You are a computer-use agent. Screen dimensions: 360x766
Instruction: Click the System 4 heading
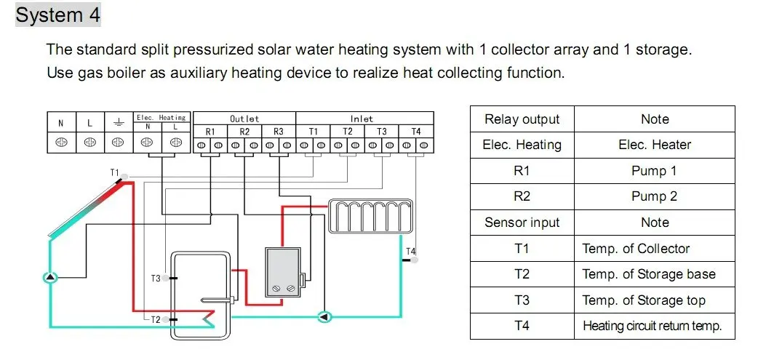pos(58,15)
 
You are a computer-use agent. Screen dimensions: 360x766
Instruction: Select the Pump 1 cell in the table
pos(654,171)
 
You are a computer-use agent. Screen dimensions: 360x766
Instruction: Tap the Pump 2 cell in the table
pos(654,196)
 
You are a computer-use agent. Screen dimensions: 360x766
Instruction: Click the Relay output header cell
pos(522,119)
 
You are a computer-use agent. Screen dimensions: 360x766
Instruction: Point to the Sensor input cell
pos(522,223)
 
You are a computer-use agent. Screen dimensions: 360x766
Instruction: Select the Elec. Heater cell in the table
pos(654,145)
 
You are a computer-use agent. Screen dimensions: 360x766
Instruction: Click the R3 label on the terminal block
pos(278,132)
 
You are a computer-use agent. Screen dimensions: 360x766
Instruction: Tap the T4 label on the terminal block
pos(415,132)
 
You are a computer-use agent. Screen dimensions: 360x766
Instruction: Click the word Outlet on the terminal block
pos(244,118)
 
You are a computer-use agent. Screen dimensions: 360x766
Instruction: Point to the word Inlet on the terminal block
pos(362,118)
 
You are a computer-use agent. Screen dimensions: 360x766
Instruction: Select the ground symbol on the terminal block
pos(118,124)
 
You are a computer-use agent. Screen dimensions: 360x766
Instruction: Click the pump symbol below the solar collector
pos(49,277)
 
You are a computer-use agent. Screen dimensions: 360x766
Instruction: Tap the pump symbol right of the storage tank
pos(325,316)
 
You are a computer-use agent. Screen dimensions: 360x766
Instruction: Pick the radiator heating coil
pos(370,216)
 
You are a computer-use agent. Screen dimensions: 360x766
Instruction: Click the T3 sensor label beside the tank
pos(156,279)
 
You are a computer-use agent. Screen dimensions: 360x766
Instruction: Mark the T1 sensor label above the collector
pos(114,172)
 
